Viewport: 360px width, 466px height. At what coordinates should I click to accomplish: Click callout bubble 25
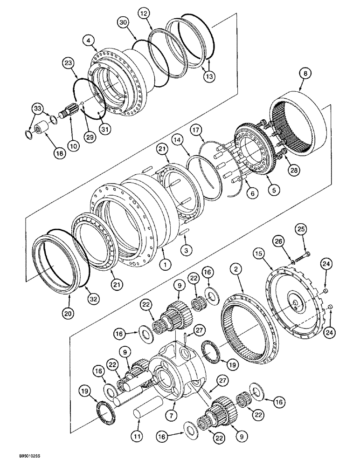(300, 229)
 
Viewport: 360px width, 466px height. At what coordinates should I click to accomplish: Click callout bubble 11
(136, 437)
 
